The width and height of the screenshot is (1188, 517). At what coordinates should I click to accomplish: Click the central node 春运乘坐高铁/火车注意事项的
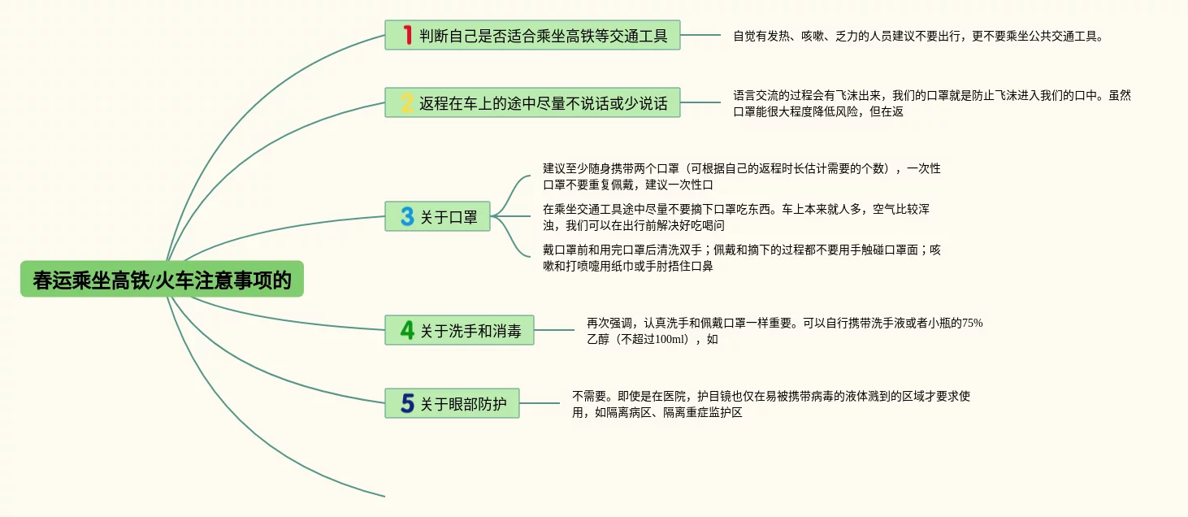point(162,280)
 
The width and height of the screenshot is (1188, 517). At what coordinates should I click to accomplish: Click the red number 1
point(407,35)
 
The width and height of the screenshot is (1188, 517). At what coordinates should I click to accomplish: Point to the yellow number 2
point(407,103)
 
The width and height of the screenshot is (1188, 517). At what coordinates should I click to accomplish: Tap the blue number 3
point(407,217)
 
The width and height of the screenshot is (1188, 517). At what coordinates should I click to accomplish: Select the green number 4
point(407,331)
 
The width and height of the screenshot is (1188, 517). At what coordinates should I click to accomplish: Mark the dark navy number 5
point(407,403)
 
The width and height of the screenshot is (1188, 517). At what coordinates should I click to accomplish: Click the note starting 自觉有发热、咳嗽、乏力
point(918,36)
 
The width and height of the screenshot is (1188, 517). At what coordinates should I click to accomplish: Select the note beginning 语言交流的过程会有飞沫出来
point(931,103)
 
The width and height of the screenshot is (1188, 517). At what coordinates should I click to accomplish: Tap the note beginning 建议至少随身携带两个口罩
point(741,176)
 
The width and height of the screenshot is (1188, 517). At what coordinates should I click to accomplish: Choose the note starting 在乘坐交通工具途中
point(735,217)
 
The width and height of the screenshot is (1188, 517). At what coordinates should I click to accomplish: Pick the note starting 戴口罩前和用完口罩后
point(741,258)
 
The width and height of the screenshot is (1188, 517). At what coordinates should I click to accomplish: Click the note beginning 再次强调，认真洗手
point(784,331)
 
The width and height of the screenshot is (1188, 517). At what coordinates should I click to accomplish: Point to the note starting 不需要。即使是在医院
point(770,404)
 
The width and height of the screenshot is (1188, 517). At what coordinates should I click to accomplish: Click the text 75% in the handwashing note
point(972,323)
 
